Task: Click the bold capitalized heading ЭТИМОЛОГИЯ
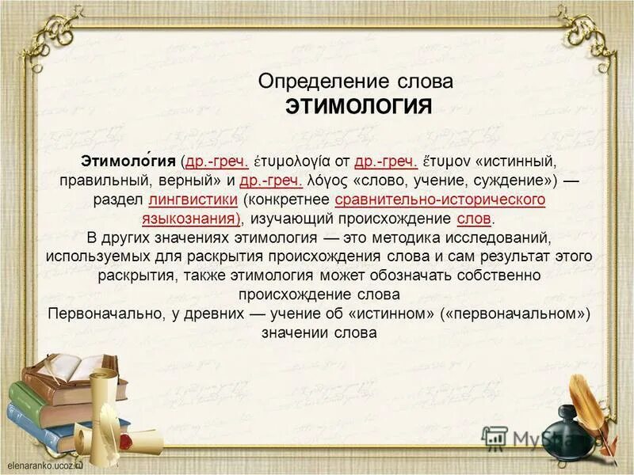pos(358,107)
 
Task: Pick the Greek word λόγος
pos(327,180)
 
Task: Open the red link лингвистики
pos(193,199)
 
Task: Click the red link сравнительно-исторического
pos(440,199)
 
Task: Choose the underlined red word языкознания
pos(190,218)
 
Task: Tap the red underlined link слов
pos(475,218)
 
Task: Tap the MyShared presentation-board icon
pos(495,437)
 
